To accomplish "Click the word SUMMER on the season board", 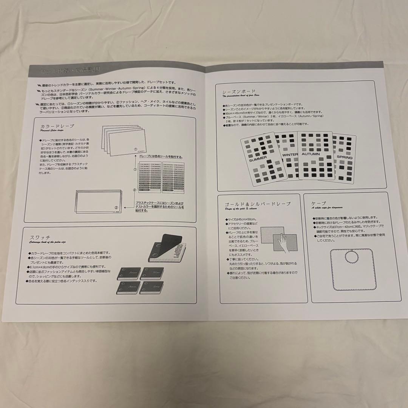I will point(258,158).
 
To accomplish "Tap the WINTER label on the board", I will point(290,155).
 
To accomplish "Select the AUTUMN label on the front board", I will point(311,154).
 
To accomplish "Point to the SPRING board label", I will point(344,157).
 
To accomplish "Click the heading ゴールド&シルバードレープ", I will point(257,204).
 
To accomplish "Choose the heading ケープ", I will point(316,203).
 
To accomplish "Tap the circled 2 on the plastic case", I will point(116,207).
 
